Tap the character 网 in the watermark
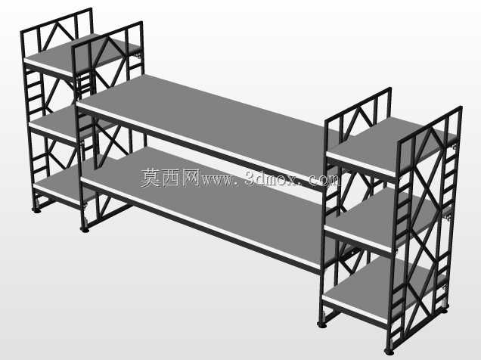pos(191,178)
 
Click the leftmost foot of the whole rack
pos(36,211)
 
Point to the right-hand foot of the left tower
pos(85,229)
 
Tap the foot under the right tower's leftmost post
pos(321,324)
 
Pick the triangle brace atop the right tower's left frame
pos(358,123)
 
